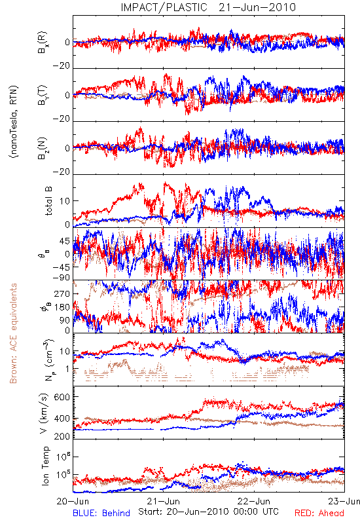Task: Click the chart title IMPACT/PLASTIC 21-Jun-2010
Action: pos(208,7)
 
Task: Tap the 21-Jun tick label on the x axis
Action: pos(164,501)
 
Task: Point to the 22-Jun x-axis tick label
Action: pos(254,501)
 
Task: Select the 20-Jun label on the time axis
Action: pos(73,501)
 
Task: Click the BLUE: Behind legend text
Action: pos(101,513)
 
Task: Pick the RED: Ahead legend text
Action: pos(319,513)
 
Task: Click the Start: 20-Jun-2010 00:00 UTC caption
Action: pos(208,512)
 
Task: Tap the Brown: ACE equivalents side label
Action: pos(13,333)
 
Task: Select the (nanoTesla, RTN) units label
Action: pos(14,122)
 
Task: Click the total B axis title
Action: pos(48,201)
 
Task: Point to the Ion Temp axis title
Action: pos(45,466)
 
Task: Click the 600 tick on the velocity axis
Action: pos(62,397)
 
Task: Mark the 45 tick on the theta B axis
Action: pos(65,241)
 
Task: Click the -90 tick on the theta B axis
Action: pos(62,278)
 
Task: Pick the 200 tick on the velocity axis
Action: pos(62,436)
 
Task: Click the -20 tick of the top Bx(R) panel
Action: pos(62,66)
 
